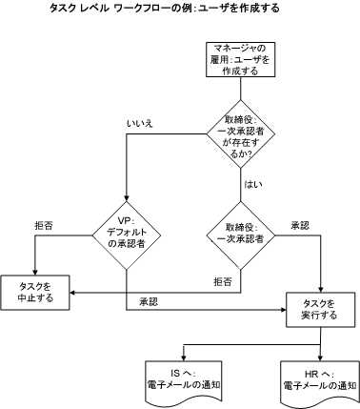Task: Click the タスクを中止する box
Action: [x=34, y=292]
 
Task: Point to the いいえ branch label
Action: [x=140, y=123]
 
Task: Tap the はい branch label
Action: [x=254, y=183]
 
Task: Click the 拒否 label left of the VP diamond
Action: [x=44, y=225]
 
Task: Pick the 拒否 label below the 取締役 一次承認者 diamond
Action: [x=222, y=282]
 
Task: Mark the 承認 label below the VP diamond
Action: [x=148, y=300]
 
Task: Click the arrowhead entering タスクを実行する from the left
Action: [x=282, y=309]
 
